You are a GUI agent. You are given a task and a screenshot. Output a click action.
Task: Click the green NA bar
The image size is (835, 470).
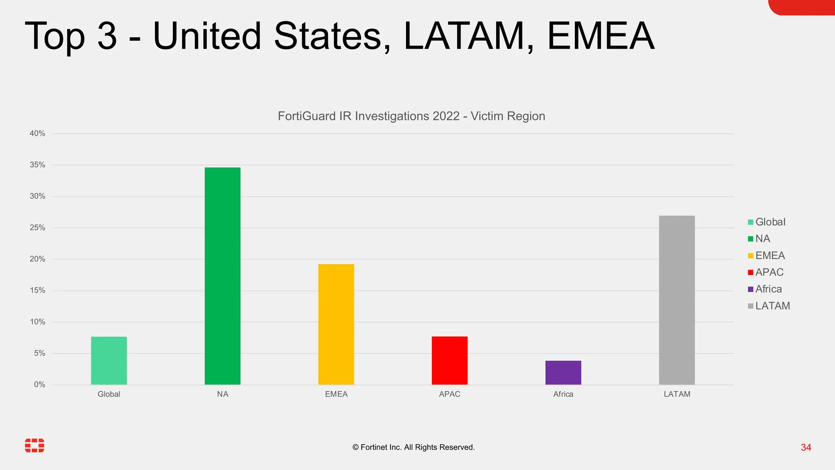(x=222, y=276)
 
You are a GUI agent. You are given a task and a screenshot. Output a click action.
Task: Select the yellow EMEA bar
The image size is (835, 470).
(x=336, y=324)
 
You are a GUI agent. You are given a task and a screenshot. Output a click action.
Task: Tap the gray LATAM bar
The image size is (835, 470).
(x=677, y=300)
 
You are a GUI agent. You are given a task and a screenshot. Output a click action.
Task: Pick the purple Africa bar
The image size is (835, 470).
(x=563, y=372)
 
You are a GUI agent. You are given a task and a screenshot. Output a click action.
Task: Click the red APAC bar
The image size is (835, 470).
(x=449, y=360)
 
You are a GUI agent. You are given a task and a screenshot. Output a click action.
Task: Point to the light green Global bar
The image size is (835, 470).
(x=109, y=360)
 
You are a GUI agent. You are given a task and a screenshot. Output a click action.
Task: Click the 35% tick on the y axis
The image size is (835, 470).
(x=38, y=165)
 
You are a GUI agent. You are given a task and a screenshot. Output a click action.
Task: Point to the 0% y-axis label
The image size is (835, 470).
(x=40, y=384)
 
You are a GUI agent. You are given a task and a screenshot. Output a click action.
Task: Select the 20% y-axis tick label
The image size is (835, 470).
(x=38, y=259)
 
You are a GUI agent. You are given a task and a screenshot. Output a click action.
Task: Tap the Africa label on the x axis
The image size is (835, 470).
(x=563, y=394)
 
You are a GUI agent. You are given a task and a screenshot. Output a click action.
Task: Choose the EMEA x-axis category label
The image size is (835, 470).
(x=336, y=394)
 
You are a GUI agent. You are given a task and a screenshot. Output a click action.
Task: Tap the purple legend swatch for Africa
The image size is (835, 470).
(x=751, y=289)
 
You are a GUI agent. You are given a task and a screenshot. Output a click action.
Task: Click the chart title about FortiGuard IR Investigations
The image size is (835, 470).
(x=411, y=116)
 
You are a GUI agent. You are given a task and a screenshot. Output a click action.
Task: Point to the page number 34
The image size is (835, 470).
(x=806, y=448)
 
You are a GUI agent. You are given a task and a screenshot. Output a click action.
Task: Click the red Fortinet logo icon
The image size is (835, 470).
(x=35, y=446)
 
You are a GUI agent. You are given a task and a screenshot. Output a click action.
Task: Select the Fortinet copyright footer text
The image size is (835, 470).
(x=413, y=448)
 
